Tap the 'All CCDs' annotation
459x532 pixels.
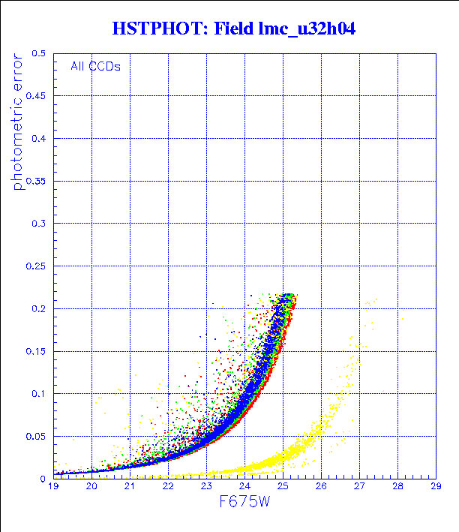[95, 66]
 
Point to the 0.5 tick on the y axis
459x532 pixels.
[39, 54]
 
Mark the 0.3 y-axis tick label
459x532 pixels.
[39, 224]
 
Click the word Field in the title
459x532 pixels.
[232, 29]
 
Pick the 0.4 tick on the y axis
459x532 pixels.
[39, 139]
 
